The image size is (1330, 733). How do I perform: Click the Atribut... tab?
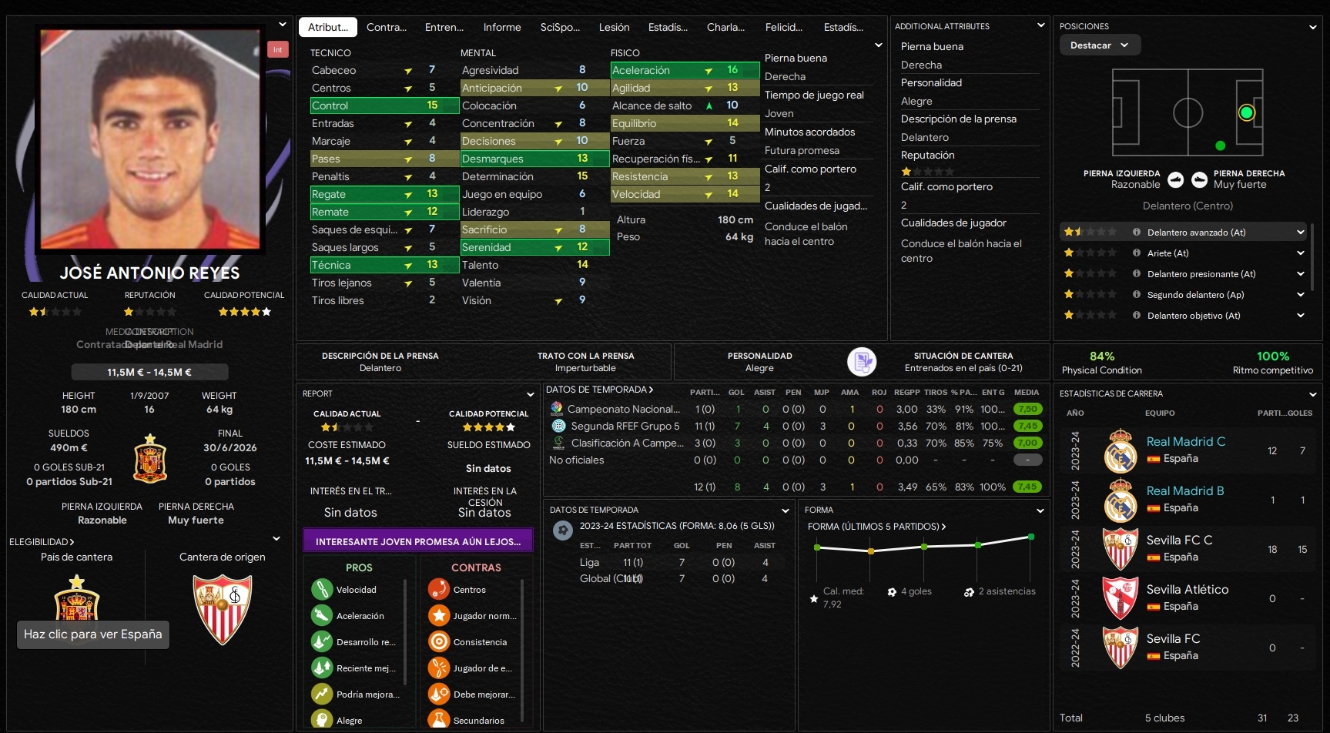tap(328, 27)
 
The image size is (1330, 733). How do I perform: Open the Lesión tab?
tap(614, 27)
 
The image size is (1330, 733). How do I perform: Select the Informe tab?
tap(502, 27)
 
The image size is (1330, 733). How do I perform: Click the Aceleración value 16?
tap(732, 70)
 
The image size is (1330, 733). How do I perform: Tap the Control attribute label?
tap(330, 105)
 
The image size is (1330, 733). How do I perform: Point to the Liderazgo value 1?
tap(582, 212)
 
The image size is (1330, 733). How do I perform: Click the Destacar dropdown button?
tap(1099, 45)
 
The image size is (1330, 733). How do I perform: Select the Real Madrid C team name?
tap(1185, 442)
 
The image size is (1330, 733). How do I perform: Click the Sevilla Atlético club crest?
tap(1120, 598)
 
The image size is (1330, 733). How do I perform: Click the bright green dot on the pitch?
tap(1246, 113)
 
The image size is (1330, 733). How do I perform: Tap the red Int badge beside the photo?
tap(277, 50)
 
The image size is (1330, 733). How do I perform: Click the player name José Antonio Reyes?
tap(150, 273)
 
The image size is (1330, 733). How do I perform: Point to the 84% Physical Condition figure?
tap(1101, 356)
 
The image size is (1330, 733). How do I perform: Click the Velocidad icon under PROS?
tap(322, 590)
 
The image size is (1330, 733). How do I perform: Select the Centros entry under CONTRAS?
tap(469, 590)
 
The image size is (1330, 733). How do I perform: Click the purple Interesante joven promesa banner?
tap(418, 541)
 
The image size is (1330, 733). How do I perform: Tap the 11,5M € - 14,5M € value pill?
tap(149, 373)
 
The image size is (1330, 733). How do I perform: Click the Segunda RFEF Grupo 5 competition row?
tap(625, 426)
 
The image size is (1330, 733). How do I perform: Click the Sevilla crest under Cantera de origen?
tap(222, 608)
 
